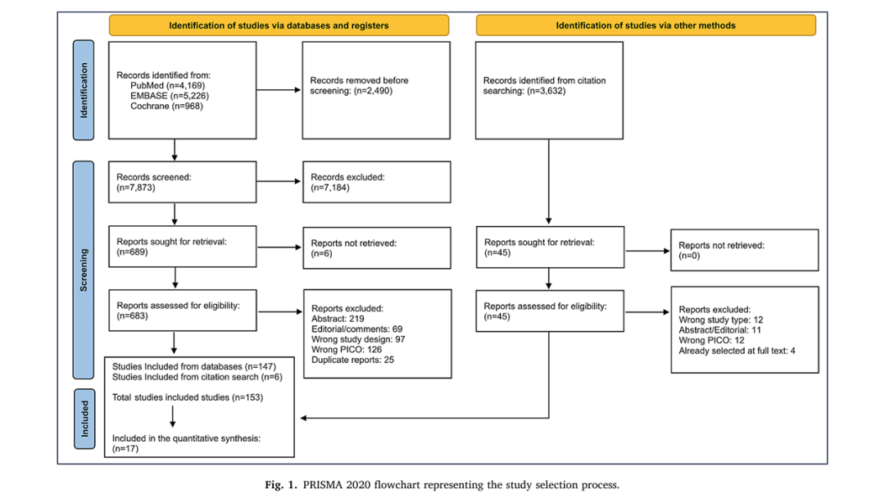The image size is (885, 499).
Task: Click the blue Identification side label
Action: click(84, 90)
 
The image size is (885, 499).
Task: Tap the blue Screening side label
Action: click(84, 270)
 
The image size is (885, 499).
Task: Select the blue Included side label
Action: click(84, 419)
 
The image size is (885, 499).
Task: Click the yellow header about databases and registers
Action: click(279, 25)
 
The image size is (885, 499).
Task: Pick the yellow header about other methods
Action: click(646, 25)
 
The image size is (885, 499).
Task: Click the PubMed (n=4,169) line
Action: click(168, 86)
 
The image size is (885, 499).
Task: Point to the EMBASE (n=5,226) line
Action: click(170, 96)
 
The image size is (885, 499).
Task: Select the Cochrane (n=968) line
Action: click(166, 107)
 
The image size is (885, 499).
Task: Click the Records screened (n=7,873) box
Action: click(182, 183)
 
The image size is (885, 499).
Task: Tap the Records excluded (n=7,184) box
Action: click(376, 183)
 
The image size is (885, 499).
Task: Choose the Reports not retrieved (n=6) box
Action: click(377, 247)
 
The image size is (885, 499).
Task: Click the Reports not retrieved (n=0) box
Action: click(744, 250)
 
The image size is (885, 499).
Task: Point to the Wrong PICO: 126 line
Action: click(347, 349)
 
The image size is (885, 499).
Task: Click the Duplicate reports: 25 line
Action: click(352, 360)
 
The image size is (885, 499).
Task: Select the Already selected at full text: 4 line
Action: click(737, 351)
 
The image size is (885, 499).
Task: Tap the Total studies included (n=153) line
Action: click(188, 397)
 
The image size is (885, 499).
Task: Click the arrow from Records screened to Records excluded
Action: click(279, 181)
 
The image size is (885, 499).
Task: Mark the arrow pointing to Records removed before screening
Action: click(279, 90)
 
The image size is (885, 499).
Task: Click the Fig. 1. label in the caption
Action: click(281, 485)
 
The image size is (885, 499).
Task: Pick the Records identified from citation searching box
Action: click(549, 90)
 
